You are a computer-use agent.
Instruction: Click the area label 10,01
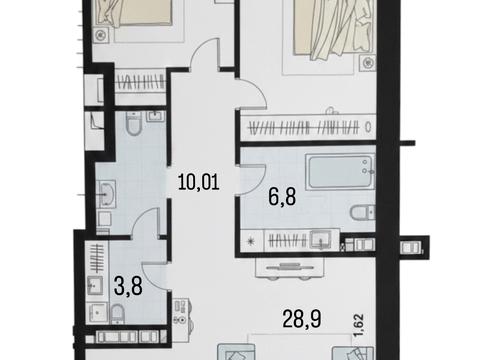(199, 182)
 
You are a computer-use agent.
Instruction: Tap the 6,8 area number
(282, 197)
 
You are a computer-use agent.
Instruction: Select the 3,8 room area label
(128, 286)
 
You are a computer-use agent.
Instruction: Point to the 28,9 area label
(302, 319)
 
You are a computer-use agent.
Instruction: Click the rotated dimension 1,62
(359, 325)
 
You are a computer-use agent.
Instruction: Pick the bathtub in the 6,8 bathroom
(341, 172)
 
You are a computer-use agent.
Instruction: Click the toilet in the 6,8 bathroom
(362, 212)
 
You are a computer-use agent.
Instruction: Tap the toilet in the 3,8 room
(117, 313)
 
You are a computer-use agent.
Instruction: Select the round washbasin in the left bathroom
(107, 194)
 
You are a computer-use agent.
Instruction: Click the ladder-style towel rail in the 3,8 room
(97, 258)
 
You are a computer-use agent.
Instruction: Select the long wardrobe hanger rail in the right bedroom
(304, 127)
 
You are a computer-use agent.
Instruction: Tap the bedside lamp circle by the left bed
(101, 35)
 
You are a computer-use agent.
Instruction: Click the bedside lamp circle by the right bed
(367, 62)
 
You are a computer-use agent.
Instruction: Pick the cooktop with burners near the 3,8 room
(182, 311)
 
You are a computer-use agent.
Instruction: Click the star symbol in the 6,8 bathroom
(251, 241)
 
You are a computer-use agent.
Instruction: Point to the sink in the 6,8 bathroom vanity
(320, 240)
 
